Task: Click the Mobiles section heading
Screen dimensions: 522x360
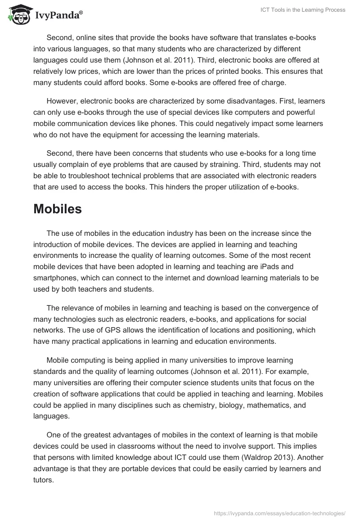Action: tap(58, 209)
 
